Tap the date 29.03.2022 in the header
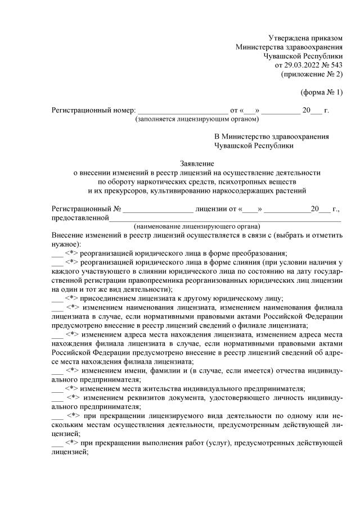click(x=303, y=65)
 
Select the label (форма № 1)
click(x=322, y=92)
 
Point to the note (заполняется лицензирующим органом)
click(x=196, y=119)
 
